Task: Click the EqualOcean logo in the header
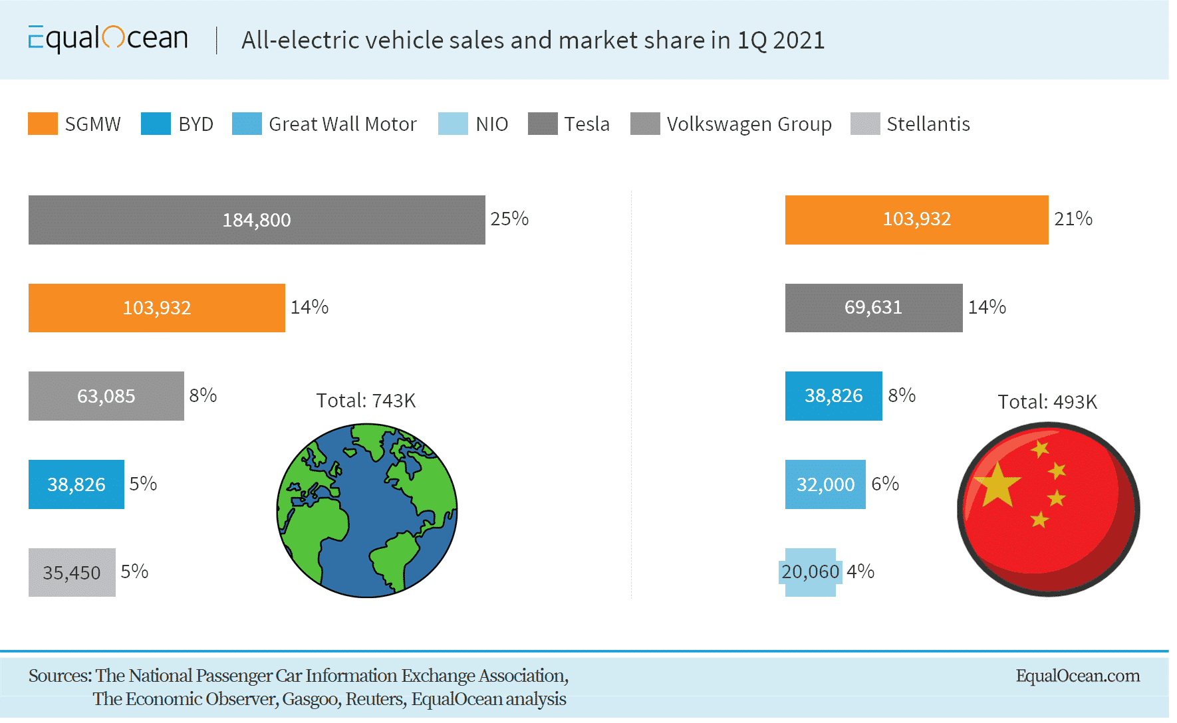108,39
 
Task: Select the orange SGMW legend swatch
43,124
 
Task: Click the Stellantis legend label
928,124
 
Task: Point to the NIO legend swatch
453,124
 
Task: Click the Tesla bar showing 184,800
257,220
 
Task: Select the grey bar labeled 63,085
106,396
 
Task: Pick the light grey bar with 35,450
72,572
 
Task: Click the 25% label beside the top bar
509,219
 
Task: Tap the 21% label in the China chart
1073,219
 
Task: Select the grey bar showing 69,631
873,308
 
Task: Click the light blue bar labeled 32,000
825,484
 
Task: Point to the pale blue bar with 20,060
810,572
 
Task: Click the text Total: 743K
366,401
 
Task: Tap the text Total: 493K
1047,402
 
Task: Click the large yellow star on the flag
996,485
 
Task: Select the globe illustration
367,510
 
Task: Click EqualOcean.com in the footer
1077,676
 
